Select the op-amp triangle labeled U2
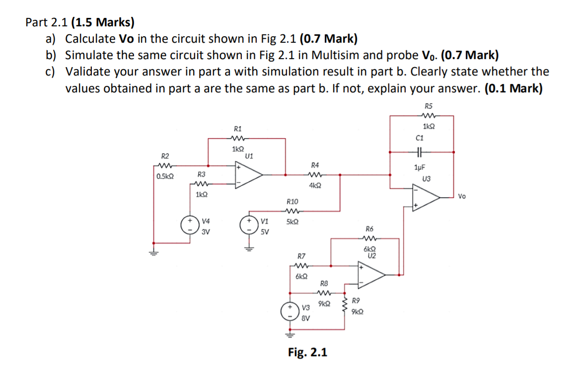pyautogui.click(x=371, y=274)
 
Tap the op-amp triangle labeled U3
pyautogui.click(x=425, y=198)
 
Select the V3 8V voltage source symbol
pyautogui.click(x=289, y=311)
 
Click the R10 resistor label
pyautogui.click(x=292, y=202)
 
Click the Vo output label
pyautogui.click(x=462, y=196)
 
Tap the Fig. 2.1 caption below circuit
pyautogui.click(x=307, y=352)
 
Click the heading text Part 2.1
pyautogui.click(x=48, y=22)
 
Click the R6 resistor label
pyautogui.click(x=369, y=229)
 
